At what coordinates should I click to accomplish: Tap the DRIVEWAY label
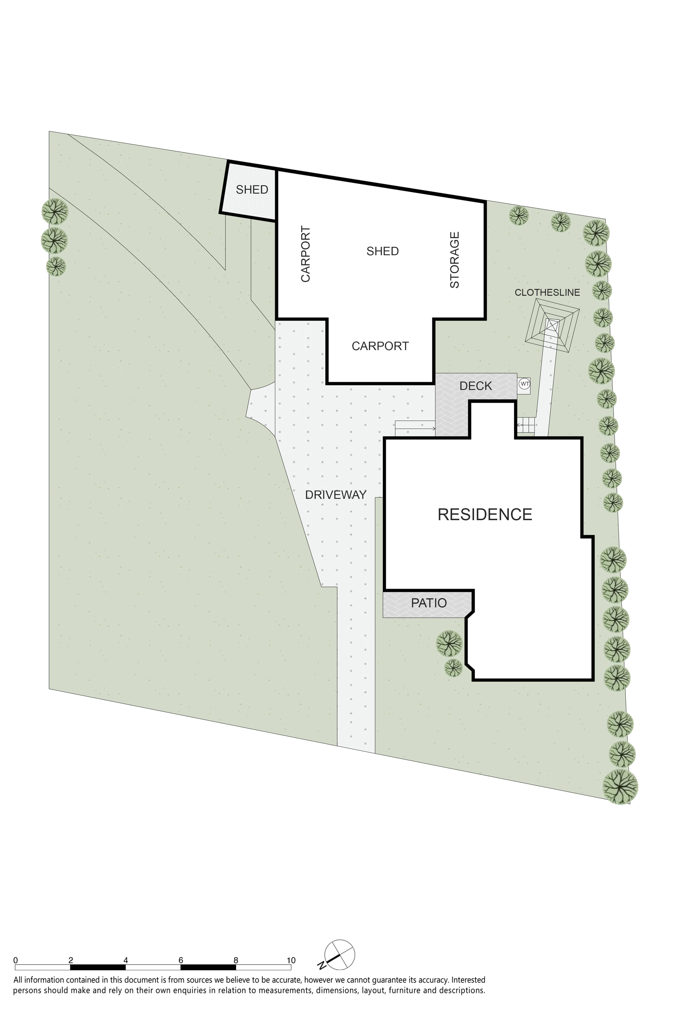click(x=336, y=495)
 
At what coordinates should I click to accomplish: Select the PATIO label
click(x=429, y=603)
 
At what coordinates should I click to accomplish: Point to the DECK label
click(x=476, y=386)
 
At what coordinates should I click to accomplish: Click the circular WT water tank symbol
click(x=524, y=383)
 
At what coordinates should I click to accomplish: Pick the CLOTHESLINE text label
click(x=547, y=292)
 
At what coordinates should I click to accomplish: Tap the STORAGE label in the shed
click(x=454, y=260)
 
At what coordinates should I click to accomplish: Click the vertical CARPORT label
click(x=306, y=254)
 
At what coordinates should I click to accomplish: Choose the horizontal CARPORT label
click(x=380, y=346)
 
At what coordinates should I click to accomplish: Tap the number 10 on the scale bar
click(x=291, y=960)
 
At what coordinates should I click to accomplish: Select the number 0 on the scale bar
click(x=16, y=960)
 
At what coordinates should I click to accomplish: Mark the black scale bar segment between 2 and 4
click(x=98, y=967)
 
